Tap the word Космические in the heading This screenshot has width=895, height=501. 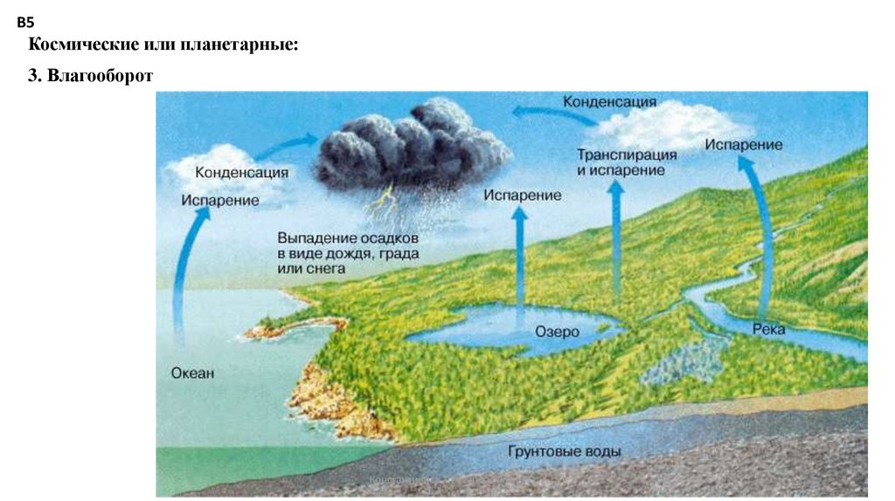[x=79, y=44]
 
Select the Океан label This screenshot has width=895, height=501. [x=191, y=373]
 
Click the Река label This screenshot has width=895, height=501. [x=768, y=328]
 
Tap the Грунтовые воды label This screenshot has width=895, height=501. [x=564, y=452]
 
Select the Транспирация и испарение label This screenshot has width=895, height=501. [x=627, y=161]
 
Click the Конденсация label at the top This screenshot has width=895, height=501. [x=609, y=102]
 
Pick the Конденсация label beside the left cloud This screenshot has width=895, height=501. [x=241, y=172]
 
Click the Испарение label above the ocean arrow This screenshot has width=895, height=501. [x=220, y=201]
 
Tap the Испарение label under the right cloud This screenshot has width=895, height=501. [x=744, y=145]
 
